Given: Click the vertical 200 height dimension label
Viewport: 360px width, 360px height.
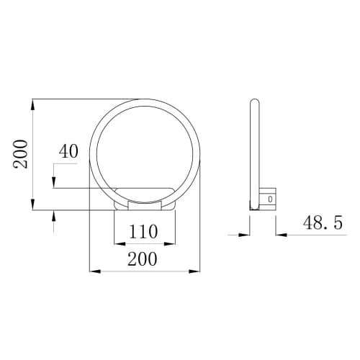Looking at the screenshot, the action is click(x=20, y=154).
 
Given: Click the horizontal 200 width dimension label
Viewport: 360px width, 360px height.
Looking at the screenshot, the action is click(x=143, y=259).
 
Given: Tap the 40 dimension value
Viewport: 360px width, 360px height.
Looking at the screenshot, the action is click(x=68, y=151).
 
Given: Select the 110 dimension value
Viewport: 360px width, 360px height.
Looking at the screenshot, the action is click(x=143, y=231).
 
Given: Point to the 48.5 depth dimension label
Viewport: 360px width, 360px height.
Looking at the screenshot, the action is click(x=323, y=222).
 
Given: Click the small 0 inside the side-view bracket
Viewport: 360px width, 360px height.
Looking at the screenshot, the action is click(x=271, y=199).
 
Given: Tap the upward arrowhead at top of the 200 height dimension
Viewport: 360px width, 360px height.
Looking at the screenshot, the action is click(x=33, y=104).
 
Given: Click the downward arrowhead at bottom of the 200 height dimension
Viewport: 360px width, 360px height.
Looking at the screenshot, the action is click(x=33, y=204).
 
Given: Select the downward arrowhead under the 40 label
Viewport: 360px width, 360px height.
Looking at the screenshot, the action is click(x=54, y=182).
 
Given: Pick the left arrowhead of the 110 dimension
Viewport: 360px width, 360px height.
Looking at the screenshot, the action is click(x=120, y=244).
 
